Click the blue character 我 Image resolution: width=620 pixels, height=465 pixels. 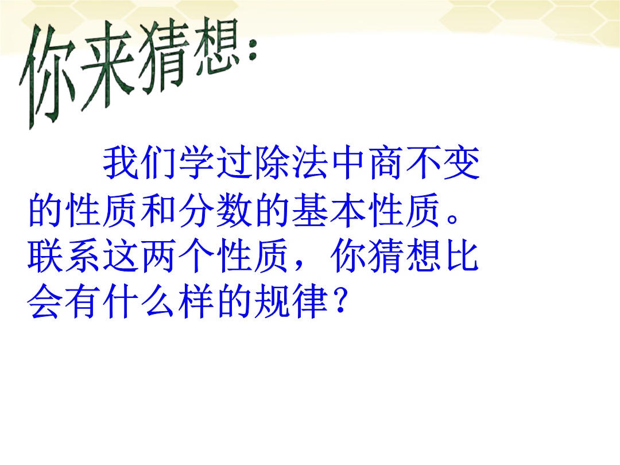pos(121,162)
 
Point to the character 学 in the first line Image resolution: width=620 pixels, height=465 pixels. pos(197,162)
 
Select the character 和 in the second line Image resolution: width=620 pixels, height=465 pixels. pos(159,210)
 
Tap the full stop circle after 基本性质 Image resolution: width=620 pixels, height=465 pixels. pos(453,219)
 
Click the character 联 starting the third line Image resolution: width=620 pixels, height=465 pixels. pos(45,255)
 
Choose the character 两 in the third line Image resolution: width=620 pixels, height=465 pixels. pos(159,255)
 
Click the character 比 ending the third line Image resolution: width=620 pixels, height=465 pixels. pos(462,255)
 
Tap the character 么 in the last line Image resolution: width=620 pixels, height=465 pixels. pos(159,301)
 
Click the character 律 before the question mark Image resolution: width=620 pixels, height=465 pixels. pos(311,301)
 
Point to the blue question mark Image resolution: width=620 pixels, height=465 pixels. pos(340,300)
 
